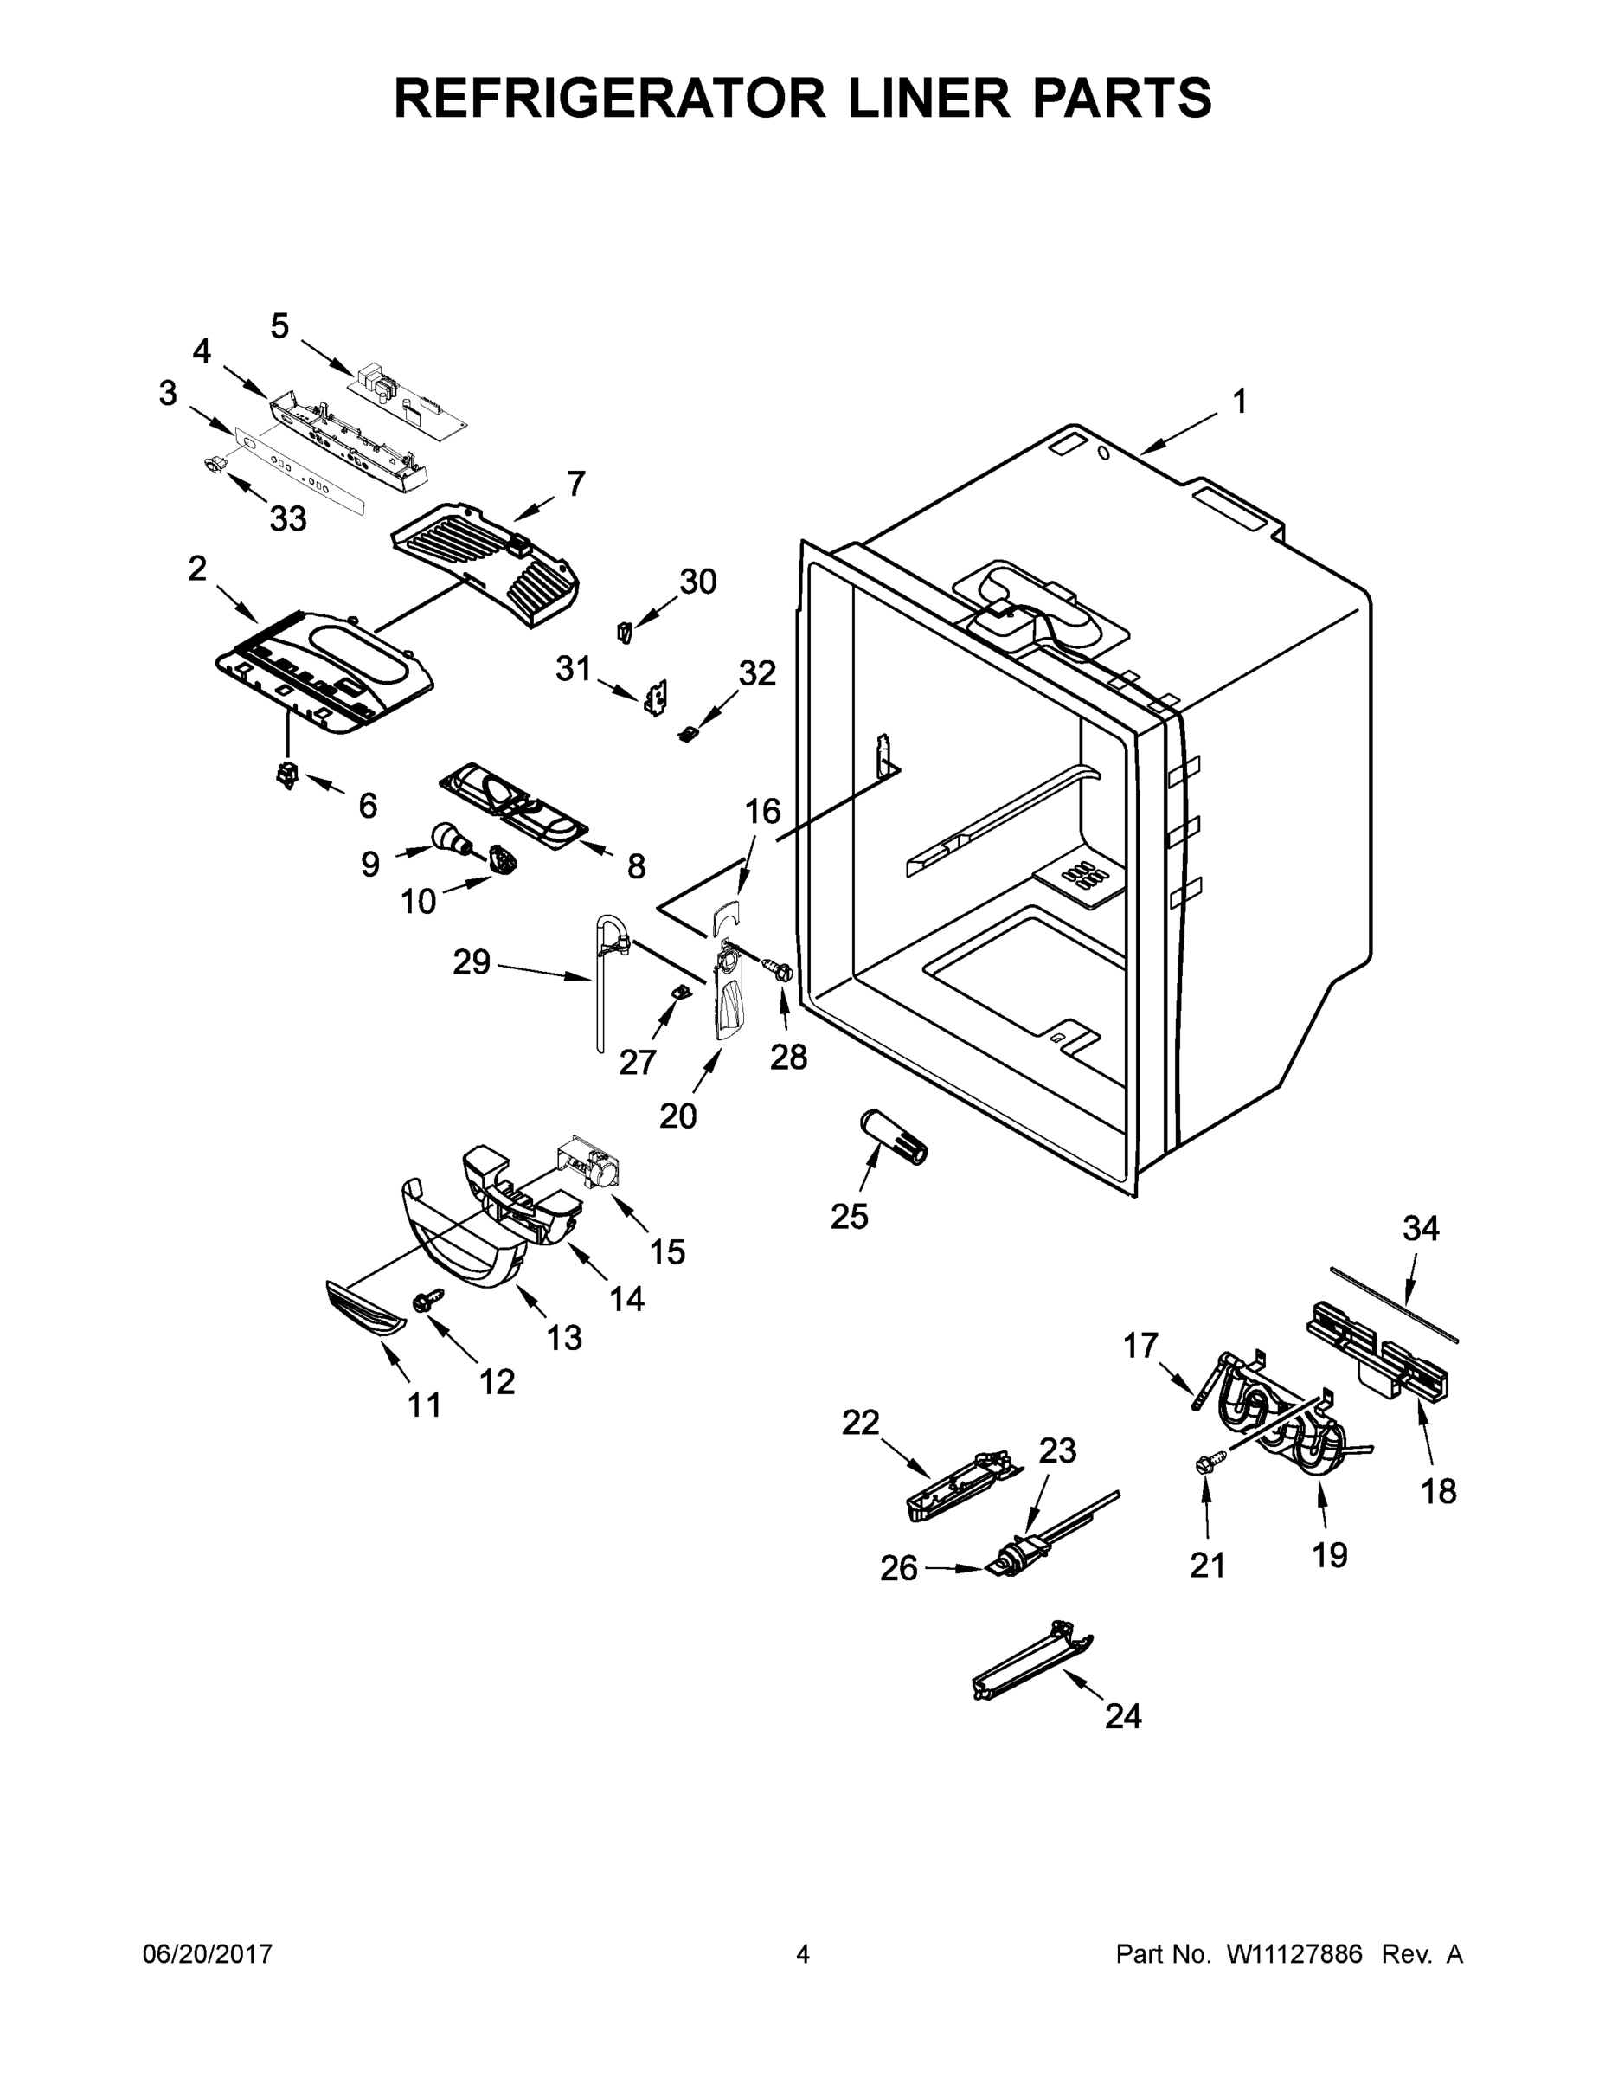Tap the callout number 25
coord(849,1215)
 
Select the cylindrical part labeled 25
coord(893,1134)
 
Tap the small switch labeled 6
coord(286,775)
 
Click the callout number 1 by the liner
coord(1240,402)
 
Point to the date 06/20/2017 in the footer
coord(208,1955)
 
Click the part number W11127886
coord(1294,1955)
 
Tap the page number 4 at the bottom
coord(803,1955)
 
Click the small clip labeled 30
coord(624,632)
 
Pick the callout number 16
coord(761,811)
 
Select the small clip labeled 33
coord(215,463)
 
